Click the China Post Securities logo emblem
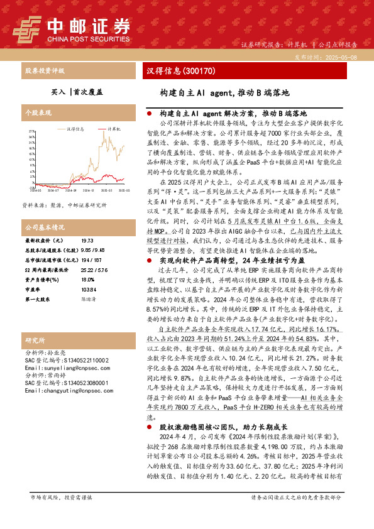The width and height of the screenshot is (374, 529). point(28,28)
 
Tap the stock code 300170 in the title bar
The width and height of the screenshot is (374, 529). point(201,70)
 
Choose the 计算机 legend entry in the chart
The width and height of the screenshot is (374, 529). point(114,128)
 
